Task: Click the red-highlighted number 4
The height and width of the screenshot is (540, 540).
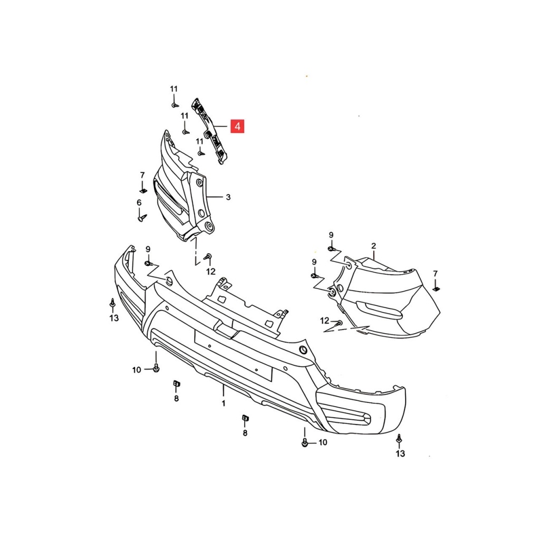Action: click(x=237, y=127)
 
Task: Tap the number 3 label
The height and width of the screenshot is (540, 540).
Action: click(x=228, y=197)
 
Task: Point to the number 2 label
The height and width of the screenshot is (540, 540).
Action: click(x=374, y=246)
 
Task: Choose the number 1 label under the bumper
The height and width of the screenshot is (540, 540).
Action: click(x=224, y=403)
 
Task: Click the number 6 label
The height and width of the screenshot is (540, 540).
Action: click(x=139, y=203)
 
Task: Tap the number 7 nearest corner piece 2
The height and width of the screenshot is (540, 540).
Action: click(x=435, y=274)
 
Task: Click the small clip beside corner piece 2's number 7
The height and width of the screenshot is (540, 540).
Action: click(x=436, y=289)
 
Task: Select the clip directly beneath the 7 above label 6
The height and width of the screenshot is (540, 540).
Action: click(x=143, y=190)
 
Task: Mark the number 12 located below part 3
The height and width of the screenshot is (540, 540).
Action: click(x=211, y=272)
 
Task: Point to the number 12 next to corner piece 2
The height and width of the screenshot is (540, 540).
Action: click(x=325, y=321)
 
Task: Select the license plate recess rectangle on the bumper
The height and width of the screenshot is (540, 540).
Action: click(x=233, y=355)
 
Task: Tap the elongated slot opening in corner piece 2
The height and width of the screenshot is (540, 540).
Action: click(x=379, y=309)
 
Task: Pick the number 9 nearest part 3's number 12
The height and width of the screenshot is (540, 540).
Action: click(x=148, y=249)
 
